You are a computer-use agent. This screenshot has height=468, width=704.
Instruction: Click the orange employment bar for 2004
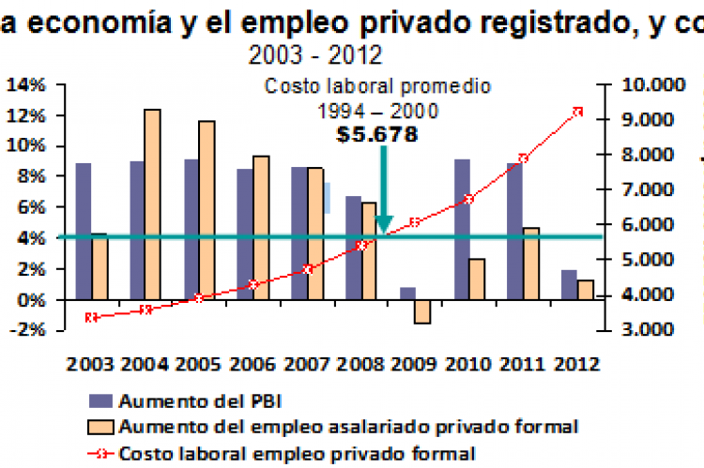point(152,204)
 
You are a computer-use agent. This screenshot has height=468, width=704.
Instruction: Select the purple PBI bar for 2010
point(462,230)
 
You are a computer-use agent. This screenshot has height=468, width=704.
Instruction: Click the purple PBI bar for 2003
point(84,232)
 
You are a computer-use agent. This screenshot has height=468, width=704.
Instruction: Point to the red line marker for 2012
point(578,112)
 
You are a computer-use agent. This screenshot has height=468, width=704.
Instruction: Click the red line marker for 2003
point(91,317)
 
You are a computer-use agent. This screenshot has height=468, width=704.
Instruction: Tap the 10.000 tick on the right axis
point(653,85)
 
